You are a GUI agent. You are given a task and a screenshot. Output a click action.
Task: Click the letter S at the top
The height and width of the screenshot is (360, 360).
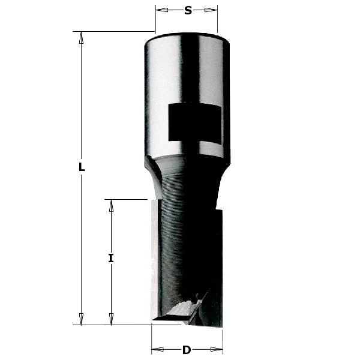(x=188, y=10)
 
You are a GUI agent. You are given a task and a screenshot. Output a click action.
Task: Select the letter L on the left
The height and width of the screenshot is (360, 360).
(x=82, y=168)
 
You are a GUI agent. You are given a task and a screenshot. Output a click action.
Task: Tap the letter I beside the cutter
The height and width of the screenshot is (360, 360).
(x=111, y=259)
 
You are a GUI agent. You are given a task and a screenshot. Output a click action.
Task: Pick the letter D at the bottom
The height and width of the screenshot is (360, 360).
(x=187, y=350)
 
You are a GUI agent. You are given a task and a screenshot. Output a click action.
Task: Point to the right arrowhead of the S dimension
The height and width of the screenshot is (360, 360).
(x=212, y=10)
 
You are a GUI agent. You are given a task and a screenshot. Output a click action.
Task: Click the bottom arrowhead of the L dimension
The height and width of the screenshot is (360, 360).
(x=82, y=319)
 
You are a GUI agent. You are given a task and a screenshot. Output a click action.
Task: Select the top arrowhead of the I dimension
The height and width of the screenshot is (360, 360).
(x=111, y=206)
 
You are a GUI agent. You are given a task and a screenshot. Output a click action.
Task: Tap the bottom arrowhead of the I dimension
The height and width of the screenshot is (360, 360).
(x=111, y=319)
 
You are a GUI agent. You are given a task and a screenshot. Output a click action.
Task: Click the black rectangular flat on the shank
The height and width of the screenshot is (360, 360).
(x=194, y=122)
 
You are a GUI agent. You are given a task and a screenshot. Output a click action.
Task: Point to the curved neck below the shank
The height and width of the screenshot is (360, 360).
(x=186, y=174)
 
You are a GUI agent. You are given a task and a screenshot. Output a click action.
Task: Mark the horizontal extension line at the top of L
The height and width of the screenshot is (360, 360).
(x=114, y=31)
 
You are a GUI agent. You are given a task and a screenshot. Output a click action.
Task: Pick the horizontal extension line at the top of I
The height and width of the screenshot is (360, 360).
(x=126, y=199)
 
